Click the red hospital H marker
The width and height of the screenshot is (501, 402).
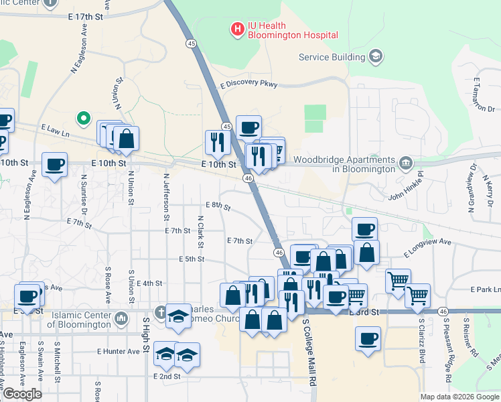236,29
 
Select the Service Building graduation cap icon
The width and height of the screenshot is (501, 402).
376,56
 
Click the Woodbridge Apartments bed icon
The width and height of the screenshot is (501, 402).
406,163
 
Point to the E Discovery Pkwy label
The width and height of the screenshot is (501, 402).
248,85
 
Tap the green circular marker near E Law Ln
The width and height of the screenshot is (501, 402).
83,119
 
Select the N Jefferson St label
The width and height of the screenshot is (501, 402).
165,198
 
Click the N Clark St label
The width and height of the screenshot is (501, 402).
200,230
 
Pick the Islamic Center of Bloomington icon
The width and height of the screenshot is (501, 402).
121,317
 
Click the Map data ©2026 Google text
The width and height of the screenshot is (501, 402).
459,397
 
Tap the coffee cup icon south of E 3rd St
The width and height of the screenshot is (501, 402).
367,339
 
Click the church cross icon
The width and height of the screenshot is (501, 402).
161,312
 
